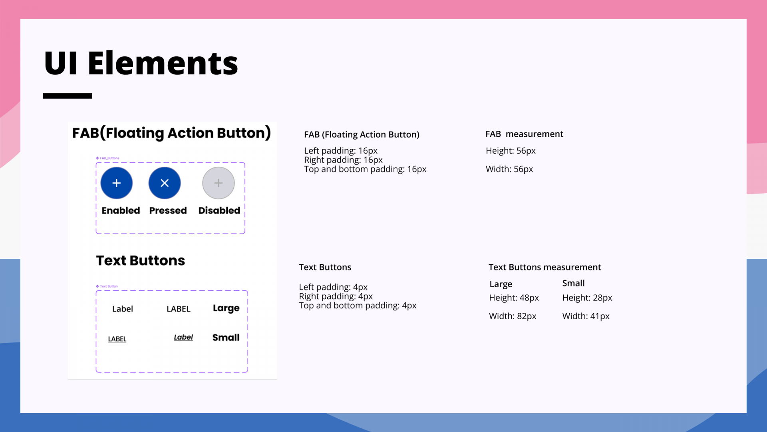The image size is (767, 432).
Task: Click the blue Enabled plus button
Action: [117, 183]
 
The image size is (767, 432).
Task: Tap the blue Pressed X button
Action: [165, 183]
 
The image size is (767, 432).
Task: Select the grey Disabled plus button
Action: [219, 183]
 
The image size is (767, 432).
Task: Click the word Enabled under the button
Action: [121, 210]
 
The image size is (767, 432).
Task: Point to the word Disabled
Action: [219, 210]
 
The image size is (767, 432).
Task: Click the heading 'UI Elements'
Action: [141, 63]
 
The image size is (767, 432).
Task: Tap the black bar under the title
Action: [68, 96]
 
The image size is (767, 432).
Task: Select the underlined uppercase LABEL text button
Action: [117, 339]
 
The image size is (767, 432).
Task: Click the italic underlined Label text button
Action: [183, 337]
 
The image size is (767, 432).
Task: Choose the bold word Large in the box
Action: [226, 308]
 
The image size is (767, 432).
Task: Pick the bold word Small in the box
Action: [226, 338]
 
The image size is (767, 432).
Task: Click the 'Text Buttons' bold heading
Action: [141, 260]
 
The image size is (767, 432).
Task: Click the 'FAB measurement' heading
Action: [524, 134]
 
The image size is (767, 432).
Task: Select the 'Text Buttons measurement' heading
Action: [545, 267]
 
